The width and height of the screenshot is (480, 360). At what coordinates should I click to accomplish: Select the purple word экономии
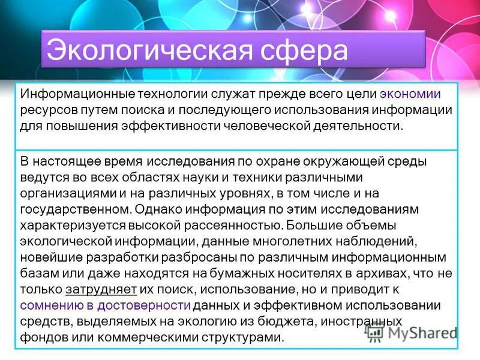(411, 94)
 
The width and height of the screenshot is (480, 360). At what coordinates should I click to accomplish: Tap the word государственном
(74, 210)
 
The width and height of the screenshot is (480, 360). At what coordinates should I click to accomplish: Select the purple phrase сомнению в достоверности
(106, 305)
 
